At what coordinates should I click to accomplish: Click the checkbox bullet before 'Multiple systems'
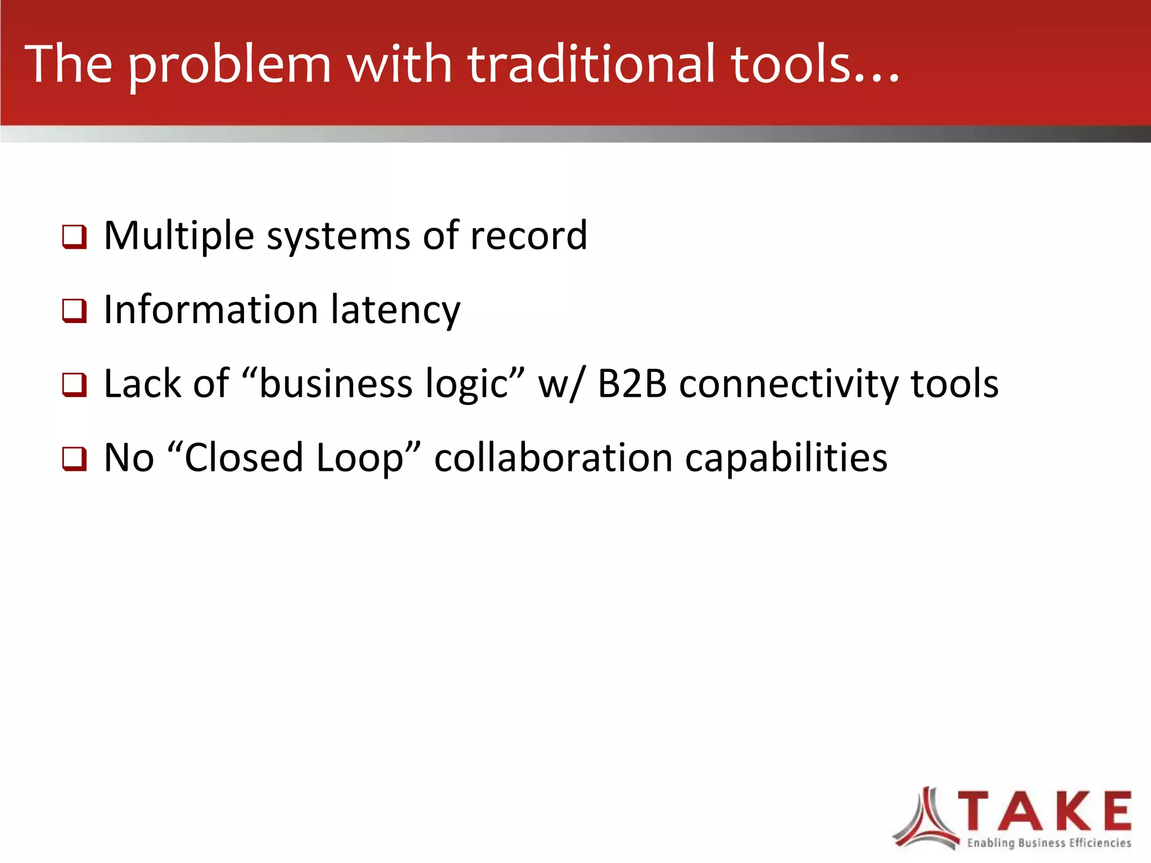click(74, 237)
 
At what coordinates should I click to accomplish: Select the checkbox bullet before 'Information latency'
click(74, 311)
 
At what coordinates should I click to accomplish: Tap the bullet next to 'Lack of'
click(74, 385)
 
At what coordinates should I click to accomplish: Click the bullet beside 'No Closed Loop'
click(74, 458)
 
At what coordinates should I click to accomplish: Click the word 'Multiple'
click(179, 236)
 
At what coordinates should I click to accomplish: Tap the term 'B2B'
click(632, 384)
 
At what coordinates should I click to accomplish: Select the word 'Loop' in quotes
click(360, 458)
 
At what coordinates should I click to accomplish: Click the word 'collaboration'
click(553, 458)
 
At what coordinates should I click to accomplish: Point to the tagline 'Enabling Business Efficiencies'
click(1049, 843)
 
